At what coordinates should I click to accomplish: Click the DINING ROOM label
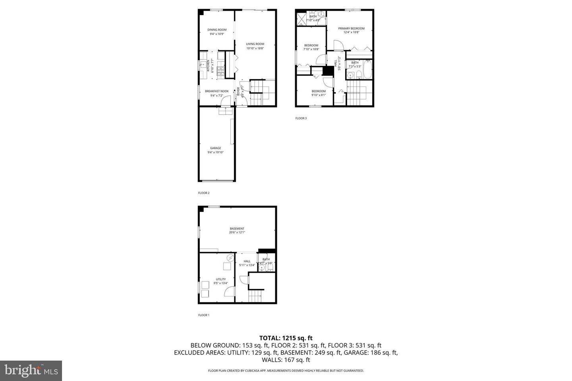pos(217,30)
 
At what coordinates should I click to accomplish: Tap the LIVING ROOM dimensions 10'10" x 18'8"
pos(255,48)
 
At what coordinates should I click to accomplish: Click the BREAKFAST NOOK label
pos(217,91)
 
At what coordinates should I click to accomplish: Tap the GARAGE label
pos(216,148)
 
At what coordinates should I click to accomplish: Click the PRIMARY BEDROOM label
pos(351,29)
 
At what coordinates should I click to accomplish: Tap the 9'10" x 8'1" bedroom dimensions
pos(319,95)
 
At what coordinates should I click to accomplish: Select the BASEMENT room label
pos(237,229)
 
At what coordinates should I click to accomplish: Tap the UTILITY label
pos(221,279)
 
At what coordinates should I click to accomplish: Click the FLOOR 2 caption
pos(204,193)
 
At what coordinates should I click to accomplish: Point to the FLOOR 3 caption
pos(301,118)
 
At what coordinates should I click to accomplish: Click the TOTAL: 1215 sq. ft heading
pos(286,338)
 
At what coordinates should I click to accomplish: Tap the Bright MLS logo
pos(31,371)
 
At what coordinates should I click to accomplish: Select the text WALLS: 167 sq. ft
pos(286,360)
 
